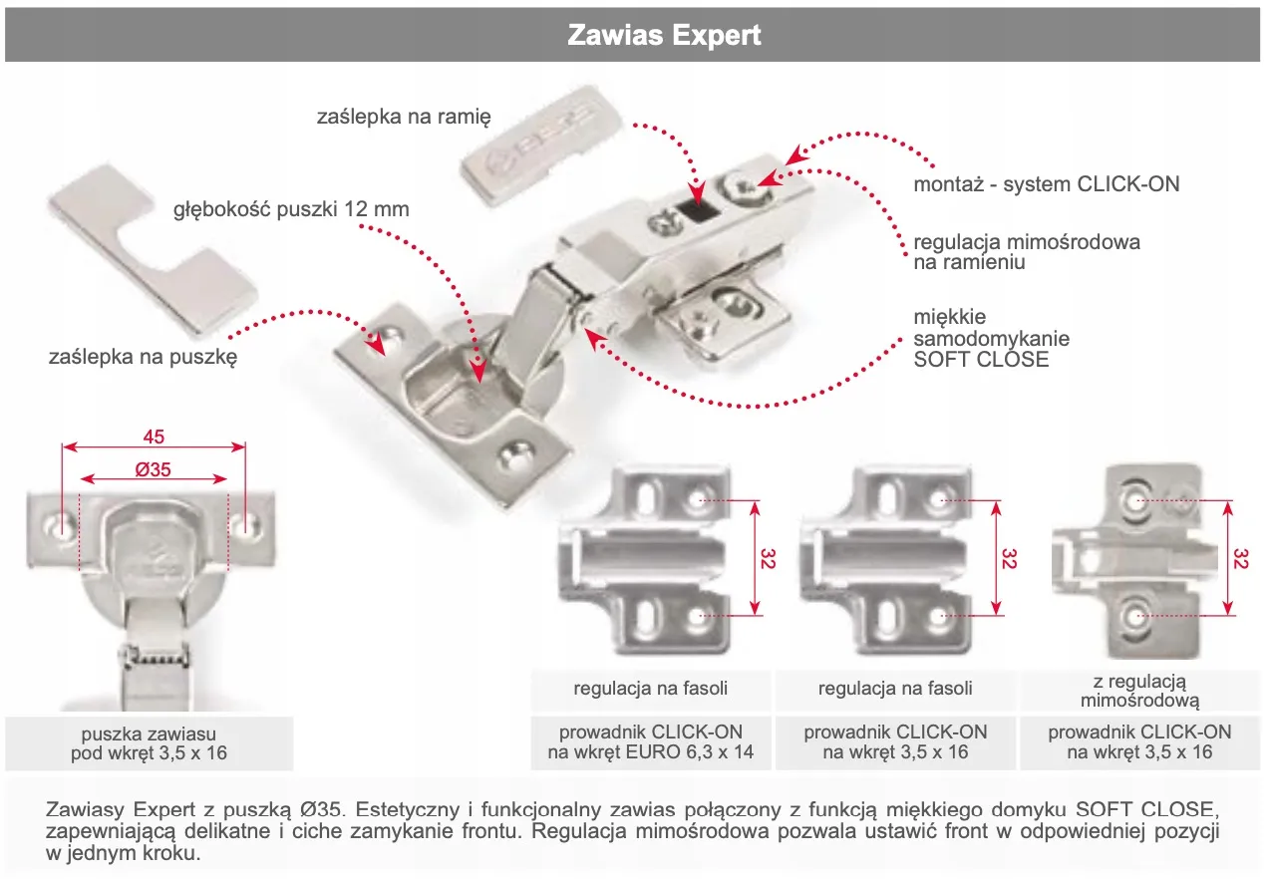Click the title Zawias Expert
[664, 36]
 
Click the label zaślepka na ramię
[404, 118]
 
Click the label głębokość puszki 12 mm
[291, 210]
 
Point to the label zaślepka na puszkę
[143, 358]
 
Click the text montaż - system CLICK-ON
[1046, 184]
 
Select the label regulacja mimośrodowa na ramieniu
[1026, 252]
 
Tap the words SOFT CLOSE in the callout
[981, 360]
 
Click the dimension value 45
[154, 437]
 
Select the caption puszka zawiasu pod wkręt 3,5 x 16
[149, 742]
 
